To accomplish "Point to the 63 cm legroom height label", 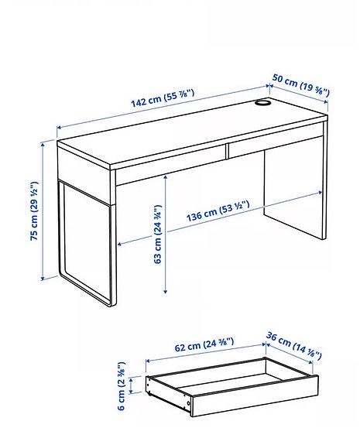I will [x=157, y=233].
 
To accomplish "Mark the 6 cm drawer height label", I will [x=122, y=386].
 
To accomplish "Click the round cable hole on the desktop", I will [x=263, y=102].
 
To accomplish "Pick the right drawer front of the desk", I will [x=275, y=145].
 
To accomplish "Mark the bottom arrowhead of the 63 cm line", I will [x=166, y=292].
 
